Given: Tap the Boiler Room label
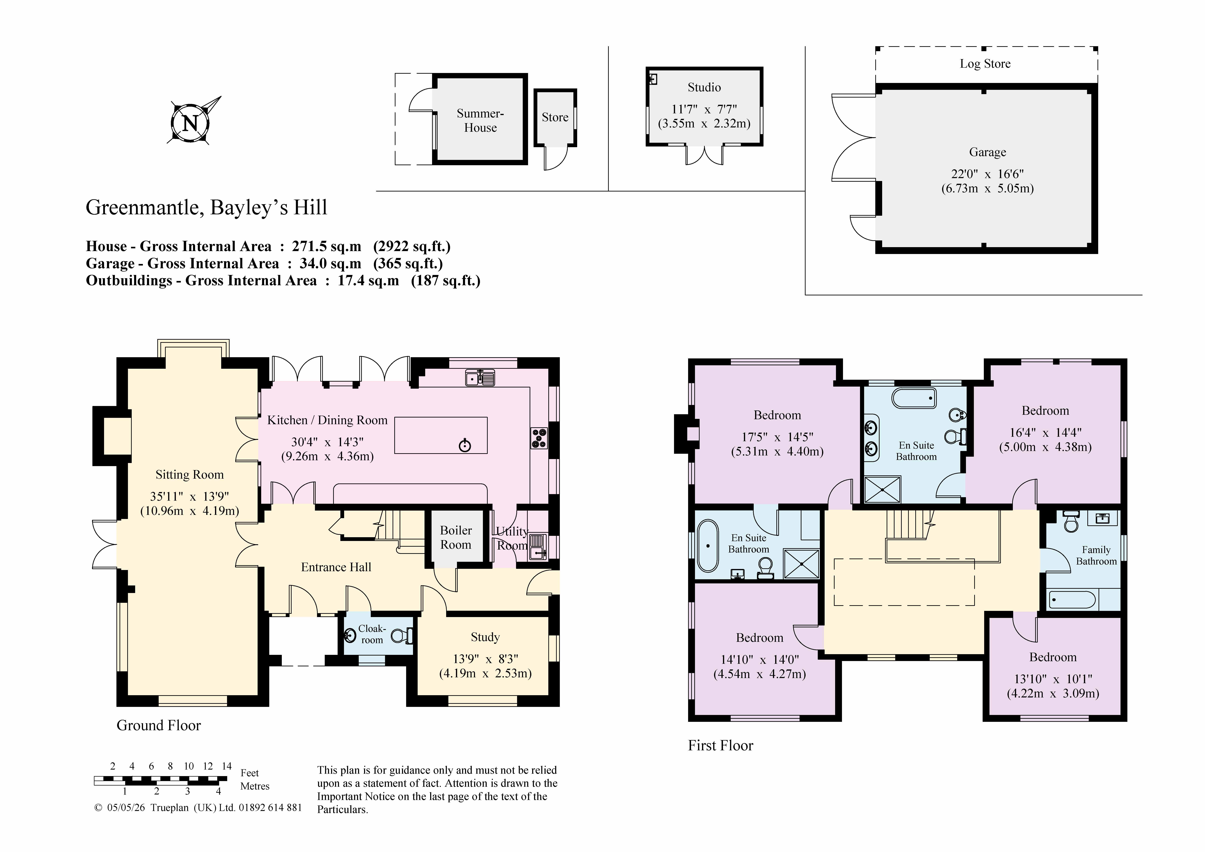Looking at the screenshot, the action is (456, 538).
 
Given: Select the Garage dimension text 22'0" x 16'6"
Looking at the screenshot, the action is (987, 174).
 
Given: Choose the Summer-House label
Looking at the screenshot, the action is (480, 121).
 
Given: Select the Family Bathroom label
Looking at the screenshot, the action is (1096, 555).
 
